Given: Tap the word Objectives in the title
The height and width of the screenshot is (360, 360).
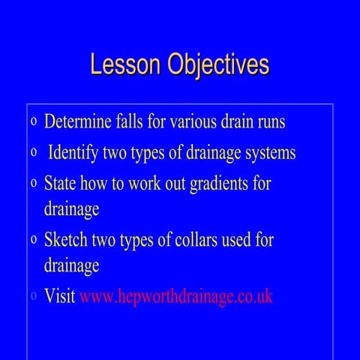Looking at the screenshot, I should click(x=215, y=65).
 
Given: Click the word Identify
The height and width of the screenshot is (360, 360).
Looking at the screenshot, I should click(x=76, y=153).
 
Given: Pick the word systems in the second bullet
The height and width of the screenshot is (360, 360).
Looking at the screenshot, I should click(x=267, y=153).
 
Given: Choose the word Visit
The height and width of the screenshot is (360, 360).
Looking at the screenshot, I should click(x=60, y=295).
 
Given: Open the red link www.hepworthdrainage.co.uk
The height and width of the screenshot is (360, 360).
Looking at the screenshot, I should click(x=175, y=296).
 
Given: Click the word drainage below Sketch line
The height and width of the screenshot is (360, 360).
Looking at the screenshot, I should click(x=71, y=265).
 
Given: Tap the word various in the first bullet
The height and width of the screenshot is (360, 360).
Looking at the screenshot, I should click(x=196, y=121).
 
